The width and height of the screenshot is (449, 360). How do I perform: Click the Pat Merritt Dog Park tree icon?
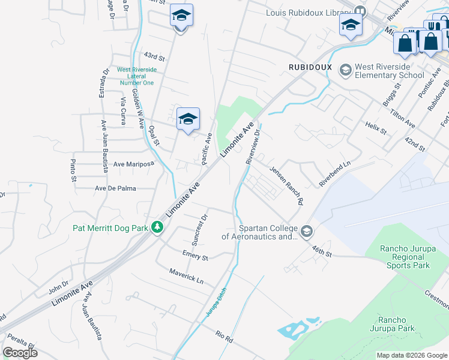[x=157, y=227]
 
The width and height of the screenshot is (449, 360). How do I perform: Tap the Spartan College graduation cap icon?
[x=307, y=232]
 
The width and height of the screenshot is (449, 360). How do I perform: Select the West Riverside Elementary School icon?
[x=345, y=71]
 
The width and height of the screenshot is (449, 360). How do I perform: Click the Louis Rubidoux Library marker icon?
[x=360, y=11]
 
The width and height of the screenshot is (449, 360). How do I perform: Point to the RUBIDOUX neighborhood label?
[x=310, y=67]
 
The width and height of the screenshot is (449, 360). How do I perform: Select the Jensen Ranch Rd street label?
[x=286, y=185]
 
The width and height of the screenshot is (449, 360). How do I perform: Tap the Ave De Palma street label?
[x=115, y=188]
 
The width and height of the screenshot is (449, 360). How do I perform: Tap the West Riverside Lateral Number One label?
[x=136, y=76]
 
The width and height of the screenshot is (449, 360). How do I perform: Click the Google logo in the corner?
[x=20, y=353]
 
